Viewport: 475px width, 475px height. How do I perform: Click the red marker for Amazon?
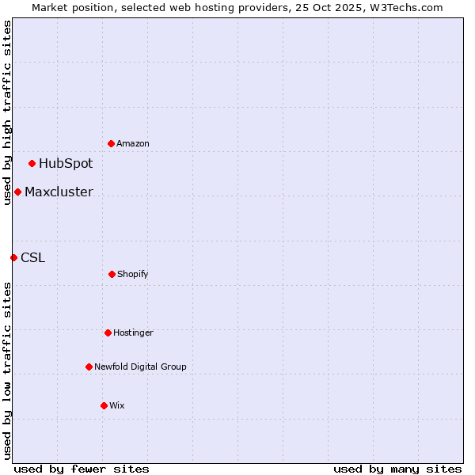[x=112, y=143]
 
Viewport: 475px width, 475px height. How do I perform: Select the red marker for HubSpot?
[x=32, y=164]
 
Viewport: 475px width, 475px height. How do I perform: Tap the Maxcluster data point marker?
[x=17, y=192]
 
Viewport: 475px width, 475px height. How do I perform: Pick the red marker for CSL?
[x=13, y=257]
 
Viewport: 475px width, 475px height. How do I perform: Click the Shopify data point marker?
[x=112, y=274]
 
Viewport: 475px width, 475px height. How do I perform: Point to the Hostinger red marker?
[x=108, y=332]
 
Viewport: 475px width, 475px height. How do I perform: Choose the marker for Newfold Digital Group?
[x=89, y=367]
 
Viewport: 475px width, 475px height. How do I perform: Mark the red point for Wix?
[x=104, y=405]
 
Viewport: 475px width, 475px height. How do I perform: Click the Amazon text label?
[x=133, y=143]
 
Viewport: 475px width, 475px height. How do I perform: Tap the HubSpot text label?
[x=66, y=164]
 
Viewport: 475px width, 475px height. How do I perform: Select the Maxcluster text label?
[x=59, y=192]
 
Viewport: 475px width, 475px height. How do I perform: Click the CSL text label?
[x=32, y=257]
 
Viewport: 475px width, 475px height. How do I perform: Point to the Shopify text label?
[x=133, y=274]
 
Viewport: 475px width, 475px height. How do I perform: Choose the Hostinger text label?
[x=133, y=332]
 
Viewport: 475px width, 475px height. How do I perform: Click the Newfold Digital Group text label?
[x=140, y=367]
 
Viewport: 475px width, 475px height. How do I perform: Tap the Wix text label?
[x=117, y=405]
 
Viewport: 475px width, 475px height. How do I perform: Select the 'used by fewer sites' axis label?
[x=82, y=469]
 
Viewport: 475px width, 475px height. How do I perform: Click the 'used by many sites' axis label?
[x=397, y=469]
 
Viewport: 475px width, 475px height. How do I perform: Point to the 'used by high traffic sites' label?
[x=7, y=112]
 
